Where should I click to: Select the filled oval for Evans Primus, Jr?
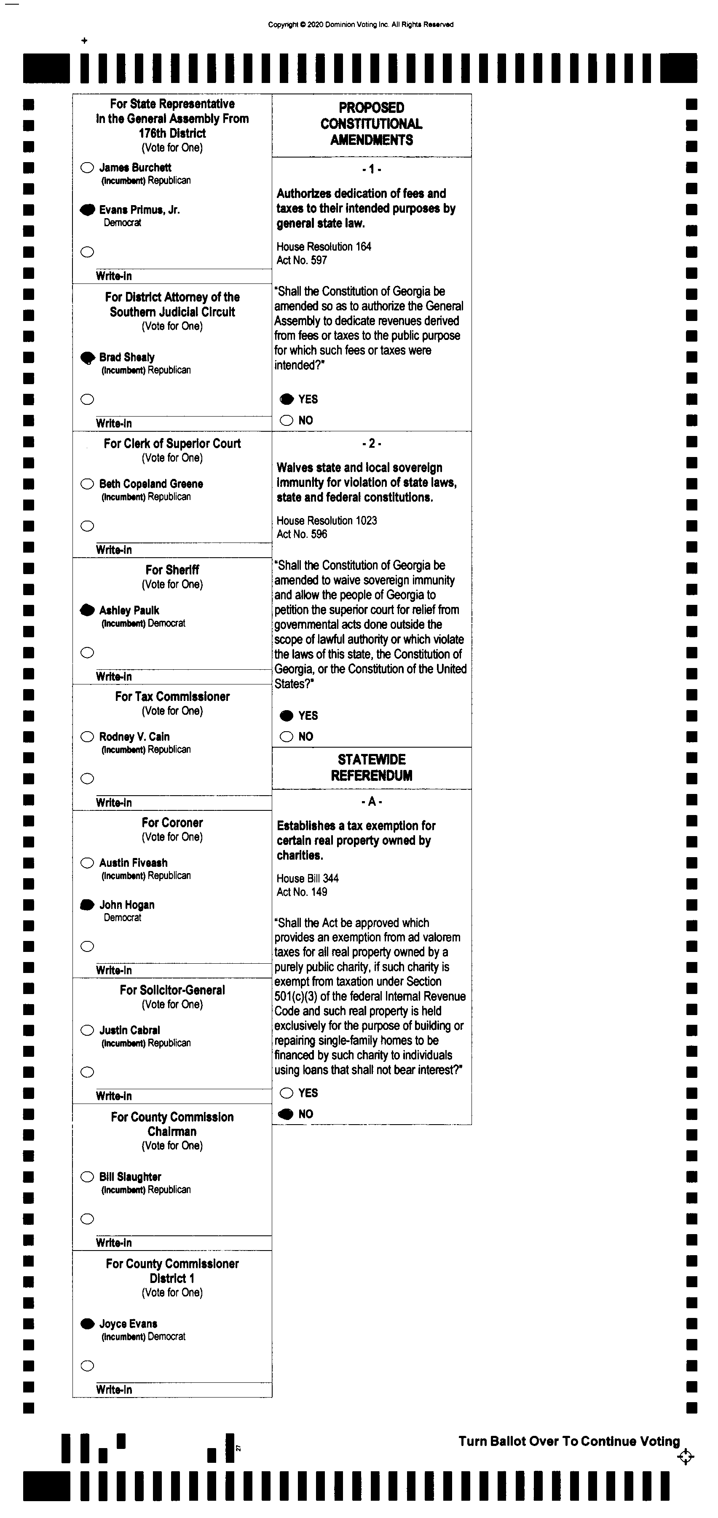(x=87, y=210)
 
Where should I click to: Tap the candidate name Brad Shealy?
(x=127, y=357)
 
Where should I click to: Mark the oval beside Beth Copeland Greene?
(x=87, y=484)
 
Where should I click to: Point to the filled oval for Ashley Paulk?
(x=87, y=610)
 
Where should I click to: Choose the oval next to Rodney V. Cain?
(x=87, y=737)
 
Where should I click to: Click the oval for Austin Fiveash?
(x=87, y=863)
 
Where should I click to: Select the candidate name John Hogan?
(x=127, y=905)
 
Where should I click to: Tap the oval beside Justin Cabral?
(x=87, y=1030)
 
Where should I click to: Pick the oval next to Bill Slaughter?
(x=87, y=1177)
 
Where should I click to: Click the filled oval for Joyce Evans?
(x=87, y=1323)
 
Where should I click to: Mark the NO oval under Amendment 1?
(x=287, y=420)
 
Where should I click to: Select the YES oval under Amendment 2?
(x=287, y=715)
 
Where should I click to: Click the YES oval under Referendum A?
(x=287, y=1093)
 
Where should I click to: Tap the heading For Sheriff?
(x=172, y=570)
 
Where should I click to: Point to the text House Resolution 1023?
(x=327, y=520)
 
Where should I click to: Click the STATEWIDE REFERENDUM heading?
(x=371, y=767)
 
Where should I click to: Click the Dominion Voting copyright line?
(x=361, y=25)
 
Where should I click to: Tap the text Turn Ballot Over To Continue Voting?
(x=569, y=1441)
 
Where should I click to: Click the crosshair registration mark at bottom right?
(x=685, y=1457)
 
